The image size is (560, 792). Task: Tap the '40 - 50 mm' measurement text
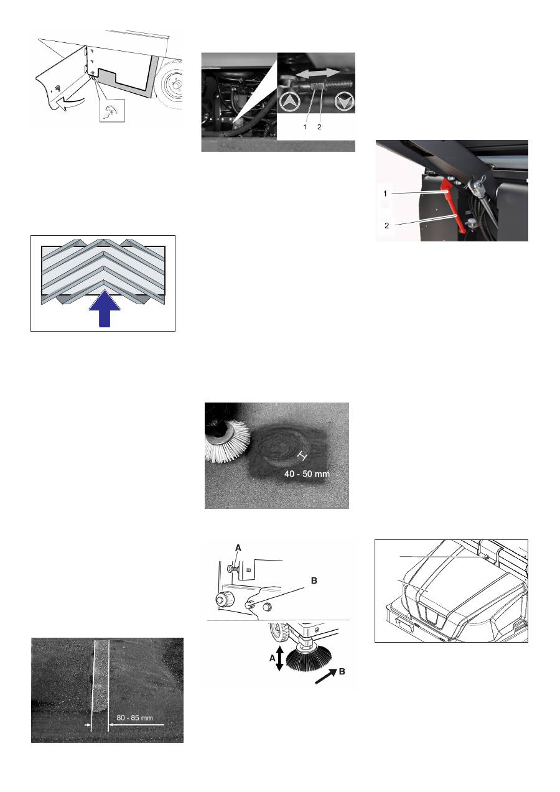(307, 474)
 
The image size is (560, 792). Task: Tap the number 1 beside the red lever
(385, 193)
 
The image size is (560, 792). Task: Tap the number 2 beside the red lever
(386, 226)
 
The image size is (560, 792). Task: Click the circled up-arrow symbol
(289, 101)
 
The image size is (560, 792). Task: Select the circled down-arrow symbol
(344, 101)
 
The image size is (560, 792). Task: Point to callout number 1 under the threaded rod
(305, 126)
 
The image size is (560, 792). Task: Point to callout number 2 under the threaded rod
(319, 126)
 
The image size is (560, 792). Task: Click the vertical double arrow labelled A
(279, 658)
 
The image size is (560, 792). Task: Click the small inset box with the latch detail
(112, 111)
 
